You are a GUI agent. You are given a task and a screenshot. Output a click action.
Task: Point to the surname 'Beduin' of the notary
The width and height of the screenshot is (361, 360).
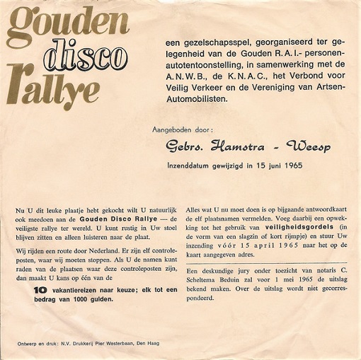point(231,281)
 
